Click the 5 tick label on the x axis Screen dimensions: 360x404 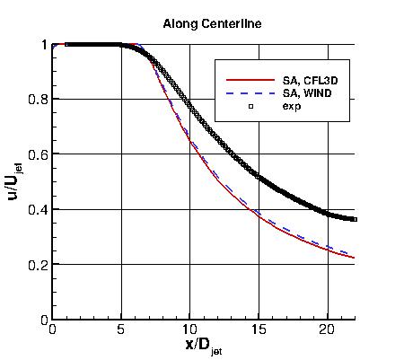121,330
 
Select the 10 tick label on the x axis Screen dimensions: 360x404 189,330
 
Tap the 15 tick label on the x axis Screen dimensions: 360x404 259,330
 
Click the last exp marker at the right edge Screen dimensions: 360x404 356,219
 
